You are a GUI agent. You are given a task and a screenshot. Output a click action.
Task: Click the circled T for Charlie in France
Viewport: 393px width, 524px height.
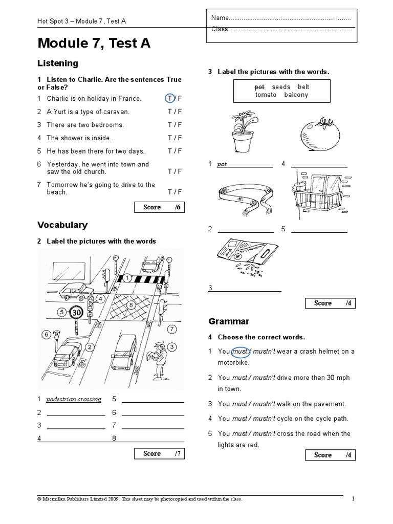pos(169,98)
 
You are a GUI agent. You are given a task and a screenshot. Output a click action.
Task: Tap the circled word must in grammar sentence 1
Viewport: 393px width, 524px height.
pos(239,352)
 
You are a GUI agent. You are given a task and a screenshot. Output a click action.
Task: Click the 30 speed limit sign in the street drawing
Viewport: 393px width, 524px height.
pos(76,312)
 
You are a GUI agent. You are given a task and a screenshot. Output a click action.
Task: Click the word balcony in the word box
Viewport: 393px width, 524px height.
pos(296,95)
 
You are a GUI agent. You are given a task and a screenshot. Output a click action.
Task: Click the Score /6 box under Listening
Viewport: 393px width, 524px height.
pos(159,207)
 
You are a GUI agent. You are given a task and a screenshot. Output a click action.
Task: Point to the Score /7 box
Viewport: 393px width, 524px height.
pos(159,453)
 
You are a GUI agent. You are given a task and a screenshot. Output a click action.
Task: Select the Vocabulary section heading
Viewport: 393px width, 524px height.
pos(62,225)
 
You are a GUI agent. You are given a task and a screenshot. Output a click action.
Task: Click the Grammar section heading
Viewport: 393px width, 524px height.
pos(229,321)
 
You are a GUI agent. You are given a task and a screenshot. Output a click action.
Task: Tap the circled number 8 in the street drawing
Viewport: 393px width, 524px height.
pos(131,305)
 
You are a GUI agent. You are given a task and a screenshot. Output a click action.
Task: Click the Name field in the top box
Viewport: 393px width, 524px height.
pos(280,18)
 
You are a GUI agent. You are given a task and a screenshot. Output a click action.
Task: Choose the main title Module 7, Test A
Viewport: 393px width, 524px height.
pos(94,44)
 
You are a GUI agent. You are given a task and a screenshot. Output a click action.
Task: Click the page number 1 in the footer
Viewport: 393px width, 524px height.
pos(353,499)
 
